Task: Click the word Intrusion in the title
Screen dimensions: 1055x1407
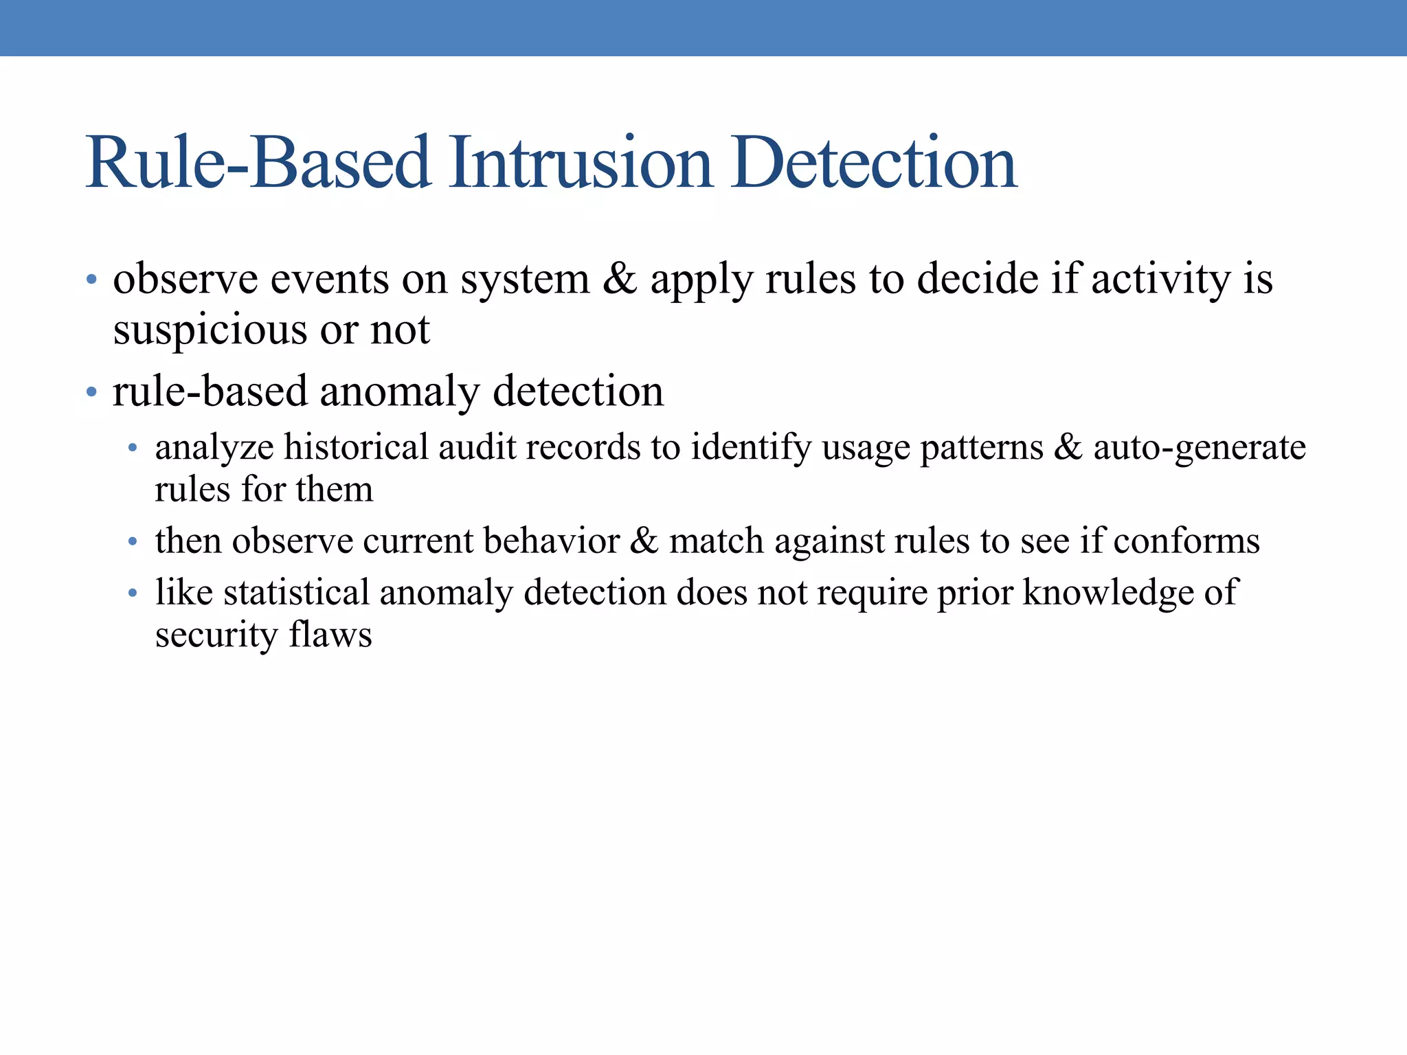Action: click(581, 163)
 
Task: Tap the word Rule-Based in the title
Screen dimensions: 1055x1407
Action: click(258, 163)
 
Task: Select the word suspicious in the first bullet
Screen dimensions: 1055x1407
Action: click(209, 330)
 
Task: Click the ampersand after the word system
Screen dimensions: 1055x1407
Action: click(620, 279)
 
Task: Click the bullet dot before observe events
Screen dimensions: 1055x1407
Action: click(91, 280)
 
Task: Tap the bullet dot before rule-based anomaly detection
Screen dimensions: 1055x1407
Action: click(91, 392)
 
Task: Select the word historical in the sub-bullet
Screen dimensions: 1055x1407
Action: click(356, 447)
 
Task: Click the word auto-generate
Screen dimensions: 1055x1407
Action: click(1199, 448)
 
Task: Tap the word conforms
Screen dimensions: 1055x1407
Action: click(1186, 541)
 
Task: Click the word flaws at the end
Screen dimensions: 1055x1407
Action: click(330, 634)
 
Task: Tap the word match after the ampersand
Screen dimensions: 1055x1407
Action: click(716, 541)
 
